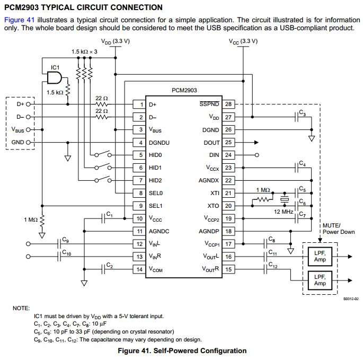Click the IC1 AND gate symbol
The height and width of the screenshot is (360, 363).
(55, 77)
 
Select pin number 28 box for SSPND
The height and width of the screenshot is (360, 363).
(228, 104)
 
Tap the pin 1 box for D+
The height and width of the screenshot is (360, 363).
(139, 104)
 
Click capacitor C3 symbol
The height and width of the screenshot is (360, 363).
(297, 117)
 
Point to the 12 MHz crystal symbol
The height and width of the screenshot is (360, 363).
(285, 199)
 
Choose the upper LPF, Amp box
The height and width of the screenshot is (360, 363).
(320, 257)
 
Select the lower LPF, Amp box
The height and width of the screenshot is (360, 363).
(320, 280)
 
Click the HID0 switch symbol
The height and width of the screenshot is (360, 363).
(103, 154)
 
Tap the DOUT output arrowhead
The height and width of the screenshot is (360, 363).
(256, 143)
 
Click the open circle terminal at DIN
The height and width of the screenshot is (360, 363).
(256, 155)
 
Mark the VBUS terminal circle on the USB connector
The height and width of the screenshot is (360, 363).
(28, 129)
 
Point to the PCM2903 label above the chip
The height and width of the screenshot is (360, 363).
(184, 90)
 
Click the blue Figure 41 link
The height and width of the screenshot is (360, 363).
(20, 20)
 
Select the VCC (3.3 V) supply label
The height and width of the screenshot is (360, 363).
(243, 41)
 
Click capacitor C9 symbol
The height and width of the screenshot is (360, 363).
(59, 244)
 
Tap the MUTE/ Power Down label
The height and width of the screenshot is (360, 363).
(339, 229)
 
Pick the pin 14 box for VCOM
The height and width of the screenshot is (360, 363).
(139, 269)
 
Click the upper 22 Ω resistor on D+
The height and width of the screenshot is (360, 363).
(102, 104)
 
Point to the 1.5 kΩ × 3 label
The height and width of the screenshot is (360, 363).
(84, 51)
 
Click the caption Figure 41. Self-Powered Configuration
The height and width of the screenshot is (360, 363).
(182, 351)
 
